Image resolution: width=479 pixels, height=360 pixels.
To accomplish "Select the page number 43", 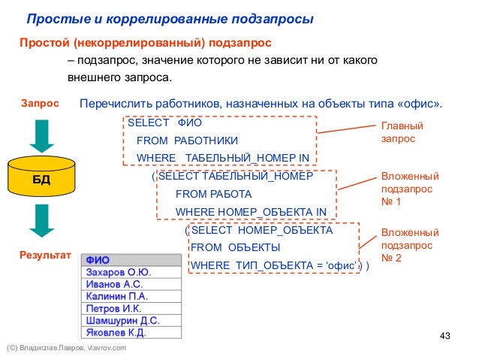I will [443, 334].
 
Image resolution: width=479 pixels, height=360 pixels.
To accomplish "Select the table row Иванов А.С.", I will [115, 284].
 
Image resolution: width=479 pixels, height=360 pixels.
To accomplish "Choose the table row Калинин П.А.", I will [116, 296].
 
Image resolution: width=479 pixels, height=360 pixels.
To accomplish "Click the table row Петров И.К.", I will [113, 308].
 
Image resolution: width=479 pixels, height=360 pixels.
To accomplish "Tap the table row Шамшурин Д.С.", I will [120, 320].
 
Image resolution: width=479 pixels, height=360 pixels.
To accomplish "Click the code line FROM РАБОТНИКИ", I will [187, 141].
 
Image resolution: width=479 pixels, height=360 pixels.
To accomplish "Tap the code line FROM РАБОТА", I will [212, 194].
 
